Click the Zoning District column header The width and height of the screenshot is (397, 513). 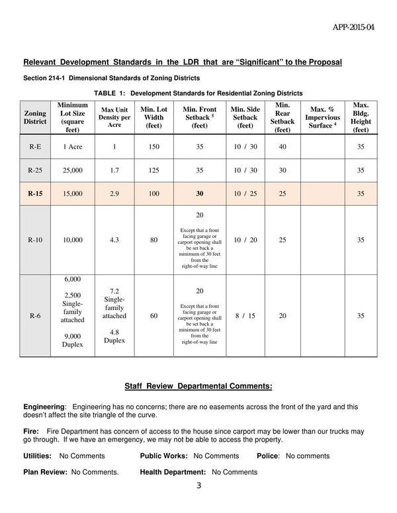pos(35,117)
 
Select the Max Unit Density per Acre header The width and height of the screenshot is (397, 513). pos(114,117)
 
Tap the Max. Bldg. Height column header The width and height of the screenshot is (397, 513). pos(361,117)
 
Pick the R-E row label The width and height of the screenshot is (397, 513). pos(35,147)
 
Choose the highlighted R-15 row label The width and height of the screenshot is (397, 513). pos(35,194)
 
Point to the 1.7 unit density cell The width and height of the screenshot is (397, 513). pos(114,171)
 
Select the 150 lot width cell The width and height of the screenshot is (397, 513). pos(154,147)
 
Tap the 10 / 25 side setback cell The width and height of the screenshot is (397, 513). pos(245,194)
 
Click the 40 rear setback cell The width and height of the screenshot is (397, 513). pos(283,147)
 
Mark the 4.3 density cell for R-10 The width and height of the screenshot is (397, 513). pos(114,240)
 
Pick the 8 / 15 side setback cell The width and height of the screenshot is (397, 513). pos(245,316)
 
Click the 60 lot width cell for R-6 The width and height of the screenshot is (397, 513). pos(154,316)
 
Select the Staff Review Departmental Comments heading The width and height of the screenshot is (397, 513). pos(198,387)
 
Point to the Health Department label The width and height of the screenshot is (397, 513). pos(173,472)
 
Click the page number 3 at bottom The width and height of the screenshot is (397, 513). pos(198,487)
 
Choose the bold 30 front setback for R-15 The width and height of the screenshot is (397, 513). pos(199,194)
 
